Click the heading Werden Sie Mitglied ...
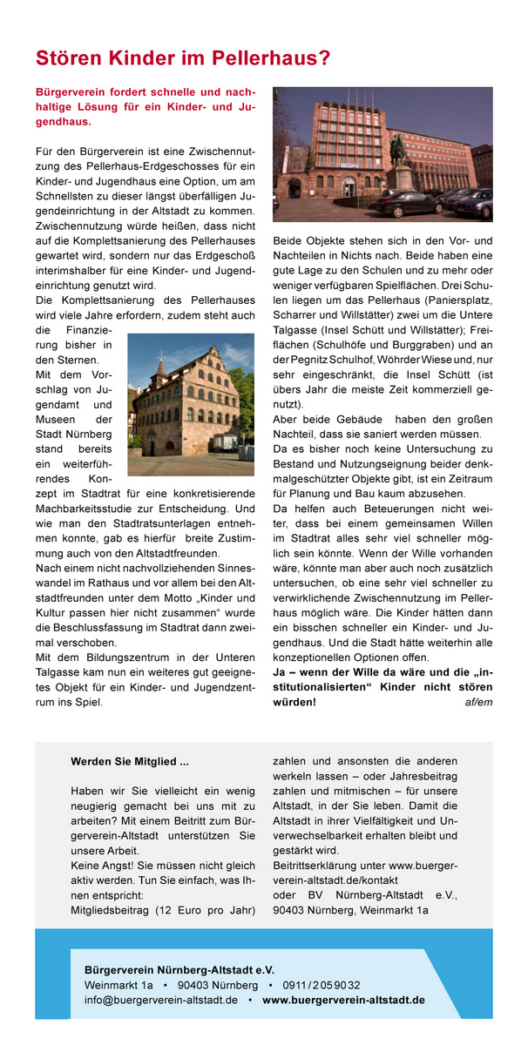[130, 762]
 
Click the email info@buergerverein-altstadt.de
[161, 1000]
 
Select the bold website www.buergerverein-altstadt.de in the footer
[343, 1000]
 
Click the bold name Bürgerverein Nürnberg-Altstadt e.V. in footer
[179, 968]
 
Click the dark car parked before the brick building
[410, 205]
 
